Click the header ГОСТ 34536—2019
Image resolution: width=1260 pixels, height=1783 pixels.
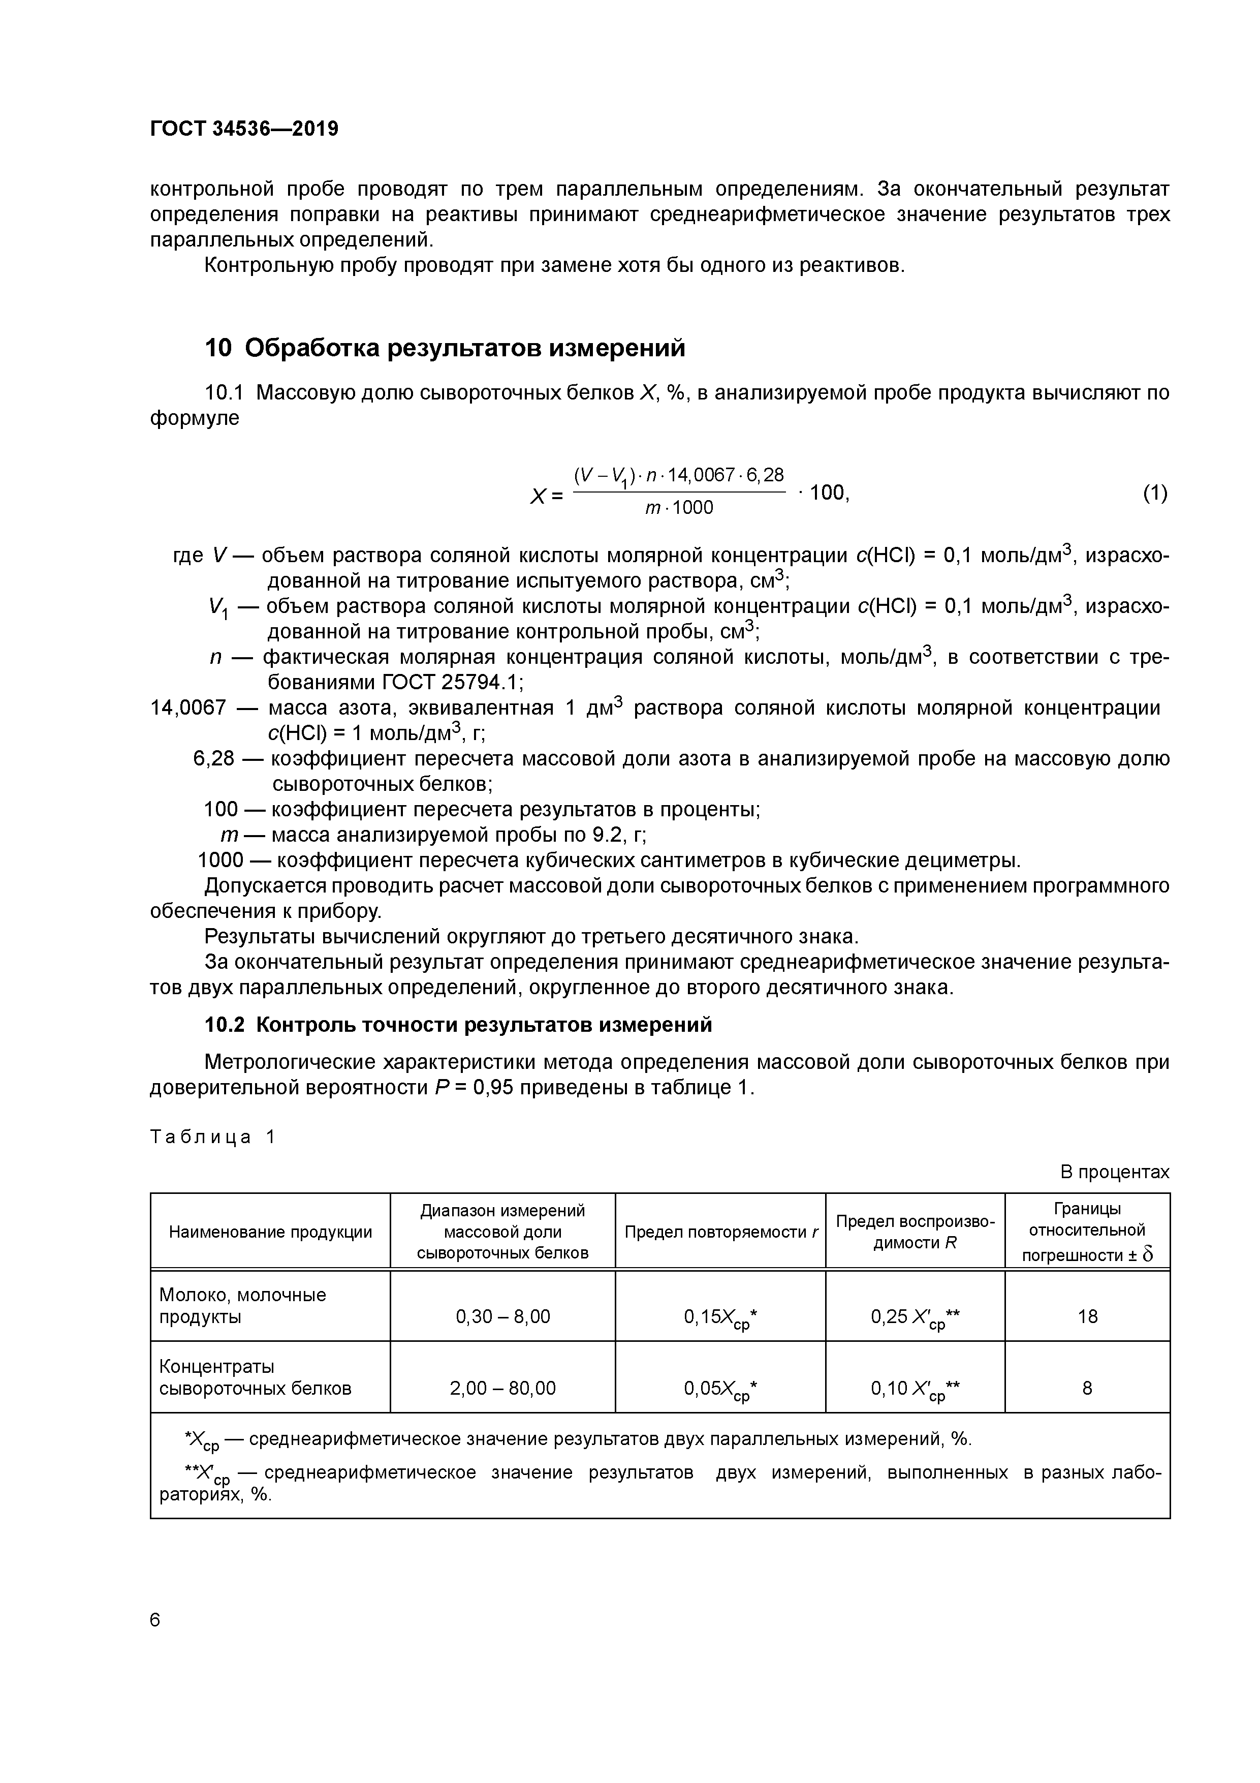coord(244,128)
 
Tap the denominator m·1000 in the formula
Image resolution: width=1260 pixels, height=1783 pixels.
coord(679,508)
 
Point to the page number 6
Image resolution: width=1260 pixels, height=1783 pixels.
coord(155,1619)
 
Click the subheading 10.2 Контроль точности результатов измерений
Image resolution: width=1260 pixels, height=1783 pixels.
coord(458,1025)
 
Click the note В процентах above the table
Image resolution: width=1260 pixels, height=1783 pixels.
coord(1114,1172)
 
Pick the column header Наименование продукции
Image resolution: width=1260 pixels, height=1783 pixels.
coord(270,1232)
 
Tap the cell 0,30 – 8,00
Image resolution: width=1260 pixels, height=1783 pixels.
coord(502,1316)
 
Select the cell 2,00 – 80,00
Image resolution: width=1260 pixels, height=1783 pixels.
coord(502,1388)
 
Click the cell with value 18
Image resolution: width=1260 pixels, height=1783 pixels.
coord(1087,1316)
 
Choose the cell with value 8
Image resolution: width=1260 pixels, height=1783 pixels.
coord(1087,1388)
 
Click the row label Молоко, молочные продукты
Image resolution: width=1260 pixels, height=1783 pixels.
coord(242,1305)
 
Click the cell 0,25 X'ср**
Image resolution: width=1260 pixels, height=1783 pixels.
coord(915,1317)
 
